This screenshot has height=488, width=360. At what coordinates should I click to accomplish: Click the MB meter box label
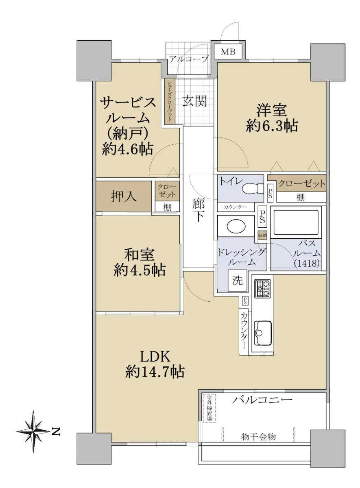(228, 52)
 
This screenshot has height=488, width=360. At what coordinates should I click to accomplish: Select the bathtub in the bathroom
(296, 222)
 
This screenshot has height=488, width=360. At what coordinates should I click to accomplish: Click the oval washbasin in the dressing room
(236, 226)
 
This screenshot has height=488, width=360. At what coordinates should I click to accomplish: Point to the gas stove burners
(264, 289)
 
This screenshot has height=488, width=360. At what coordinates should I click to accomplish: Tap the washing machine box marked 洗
(238, 281)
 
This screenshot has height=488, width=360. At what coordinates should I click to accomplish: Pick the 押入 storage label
(124, 196)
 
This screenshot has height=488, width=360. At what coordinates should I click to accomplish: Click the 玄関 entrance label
(194, 101)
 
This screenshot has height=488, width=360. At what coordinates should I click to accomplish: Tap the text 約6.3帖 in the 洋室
(272, 126)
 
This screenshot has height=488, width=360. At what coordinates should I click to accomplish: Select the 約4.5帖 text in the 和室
(140, 270)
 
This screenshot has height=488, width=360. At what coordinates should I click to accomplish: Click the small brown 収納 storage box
(262, 235)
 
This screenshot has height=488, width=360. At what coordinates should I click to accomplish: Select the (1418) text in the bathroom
(307, 264)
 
